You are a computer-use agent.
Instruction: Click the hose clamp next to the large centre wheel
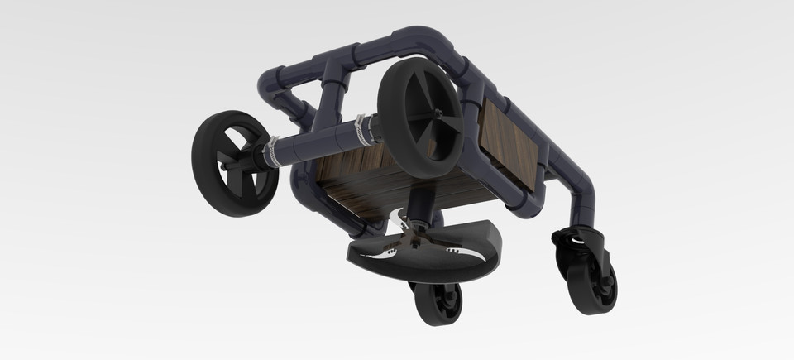coord(361,127)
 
